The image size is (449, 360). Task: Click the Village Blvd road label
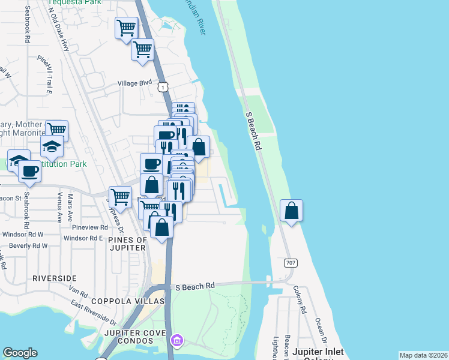[x=135, y=83]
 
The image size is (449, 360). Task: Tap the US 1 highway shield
[x=163, y=88]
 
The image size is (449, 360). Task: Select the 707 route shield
[x=291, y=263]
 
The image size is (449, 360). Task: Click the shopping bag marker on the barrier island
[x=292, y=211]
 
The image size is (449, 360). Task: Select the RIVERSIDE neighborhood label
[x=54, y=278]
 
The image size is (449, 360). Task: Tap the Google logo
[x=20, y=353]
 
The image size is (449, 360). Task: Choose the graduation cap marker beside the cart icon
[x=52, y=146]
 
